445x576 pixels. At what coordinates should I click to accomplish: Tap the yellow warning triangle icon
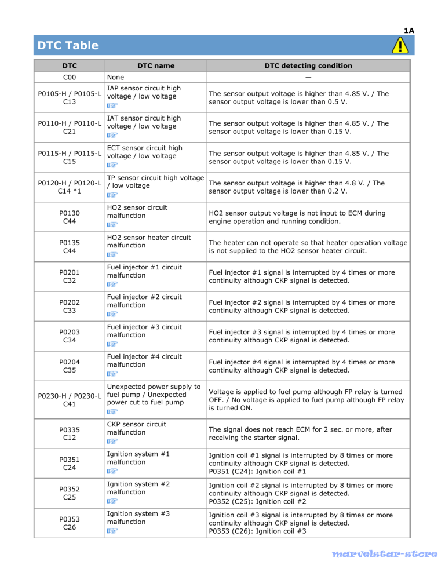[398, 45]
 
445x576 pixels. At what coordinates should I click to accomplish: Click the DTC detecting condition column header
[308, 66]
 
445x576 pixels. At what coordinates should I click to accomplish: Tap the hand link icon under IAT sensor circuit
[112, 134]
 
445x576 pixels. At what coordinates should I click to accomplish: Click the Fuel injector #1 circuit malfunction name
[144, 271]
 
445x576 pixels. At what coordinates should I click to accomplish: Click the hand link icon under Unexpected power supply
[112, 412]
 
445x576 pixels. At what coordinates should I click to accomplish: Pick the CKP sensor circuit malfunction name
[136, 428]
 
